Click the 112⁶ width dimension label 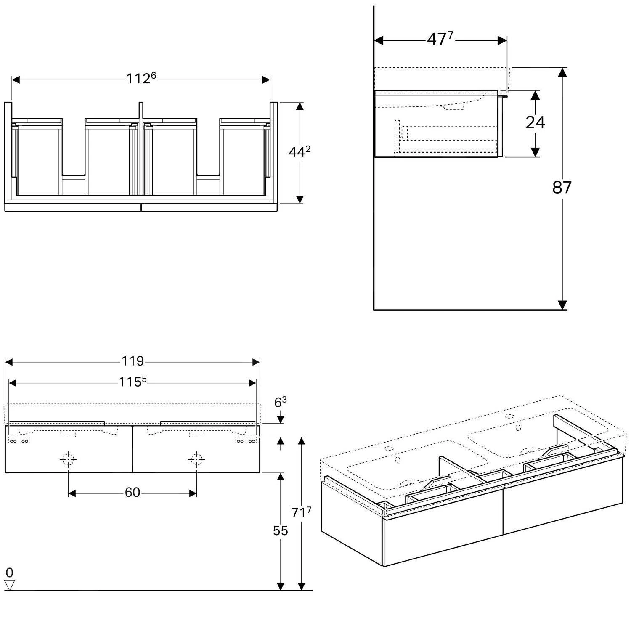[x=141, y=79]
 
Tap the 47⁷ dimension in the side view [x=440, y=40]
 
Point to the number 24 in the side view [x=535, y=122]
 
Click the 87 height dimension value [x=562, y=187]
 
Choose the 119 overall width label [x=133, y=361]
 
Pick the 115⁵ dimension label [x=132, y=382]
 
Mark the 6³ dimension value [x=280, y=403]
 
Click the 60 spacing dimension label [x=132, y=492]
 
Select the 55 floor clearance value [x=280, y=531]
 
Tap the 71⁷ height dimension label [x=301, y=512]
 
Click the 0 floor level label [x=9, y=573]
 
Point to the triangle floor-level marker [x=9, y=585]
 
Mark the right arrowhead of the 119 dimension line [x=255, y=362]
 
